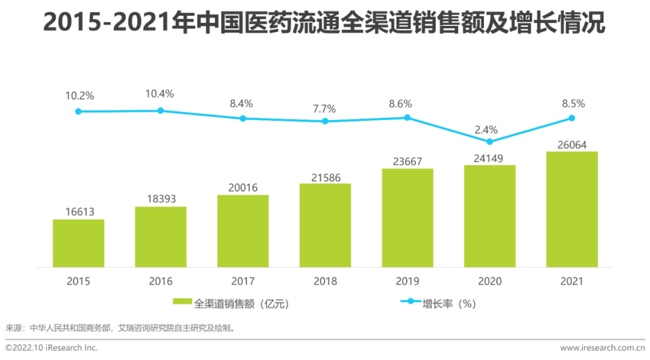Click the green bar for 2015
coord(78,243)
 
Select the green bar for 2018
coord(325,225)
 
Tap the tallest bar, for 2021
coord(572,209)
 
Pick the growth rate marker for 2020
coord(489,141)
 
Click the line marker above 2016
coord(161,110)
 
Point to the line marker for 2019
coord(407,117)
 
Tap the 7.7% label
coord(324,108)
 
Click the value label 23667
coord(407,161)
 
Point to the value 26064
coord(572,144)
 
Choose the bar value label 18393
coord(161,199)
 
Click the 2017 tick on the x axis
coord(243,281)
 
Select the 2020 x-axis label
coord(489,281)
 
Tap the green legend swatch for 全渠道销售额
coord(182,302)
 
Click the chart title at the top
coord(324,24)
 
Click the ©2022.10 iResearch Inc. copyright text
coord(51,347)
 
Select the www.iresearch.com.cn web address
coord(602,347)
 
